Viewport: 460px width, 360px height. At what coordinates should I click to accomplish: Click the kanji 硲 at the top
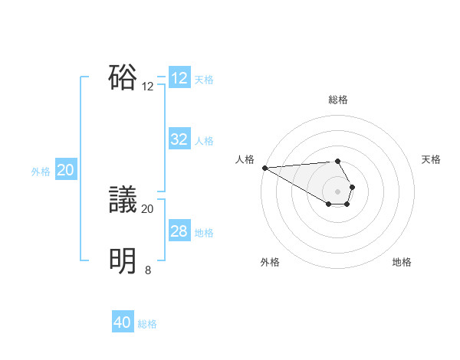(123, 77)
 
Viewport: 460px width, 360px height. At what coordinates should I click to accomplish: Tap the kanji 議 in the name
(123, 200)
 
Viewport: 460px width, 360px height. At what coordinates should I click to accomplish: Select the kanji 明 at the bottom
(123, 261)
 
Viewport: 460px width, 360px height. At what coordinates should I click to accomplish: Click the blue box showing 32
(179, 139)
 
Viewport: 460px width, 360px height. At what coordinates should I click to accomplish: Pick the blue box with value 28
(179, 231)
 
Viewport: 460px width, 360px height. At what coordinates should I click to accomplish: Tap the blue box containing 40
(123, 323)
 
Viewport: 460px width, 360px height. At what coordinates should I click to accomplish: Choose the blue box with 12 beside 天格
(179, 78)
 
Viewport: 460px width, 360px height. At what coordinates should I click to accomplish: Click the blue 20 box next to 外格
(65, 170)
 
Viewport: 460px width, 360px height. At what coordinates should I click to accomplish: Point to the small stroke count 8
(148, 270)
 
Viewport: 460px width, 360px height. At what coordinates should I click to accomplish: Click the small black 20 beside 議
(148, 208)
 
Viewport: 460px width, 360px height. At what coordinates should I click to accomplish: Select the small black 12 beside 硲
(148, 87)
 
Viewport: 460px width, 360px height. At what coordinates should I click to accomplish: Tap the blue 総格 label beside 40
(147, 324)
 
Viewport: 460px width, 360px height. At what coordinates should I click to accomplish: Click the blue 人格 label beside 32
(204, 141)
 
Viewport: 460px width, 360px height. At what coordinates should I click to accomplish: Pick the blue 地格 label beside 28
(204, 233)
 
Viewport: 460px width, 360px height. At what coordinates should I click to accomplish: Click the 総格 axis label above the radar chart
(338, 100)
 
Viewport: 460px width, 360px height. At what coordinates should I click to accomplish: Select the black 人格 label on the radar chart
(245, 159)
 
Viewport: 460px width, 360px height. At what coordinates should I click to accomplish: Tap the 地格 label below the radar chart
(402, 262)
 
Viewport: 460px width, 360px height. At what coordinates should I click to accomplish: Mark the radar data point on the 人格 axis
(264, 168)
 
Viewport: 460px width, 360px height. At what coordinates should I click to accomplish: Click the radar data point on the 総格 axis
(337, 161)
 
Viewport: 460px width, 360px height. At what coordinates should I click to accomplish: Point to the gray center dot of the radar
(337, 191)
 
